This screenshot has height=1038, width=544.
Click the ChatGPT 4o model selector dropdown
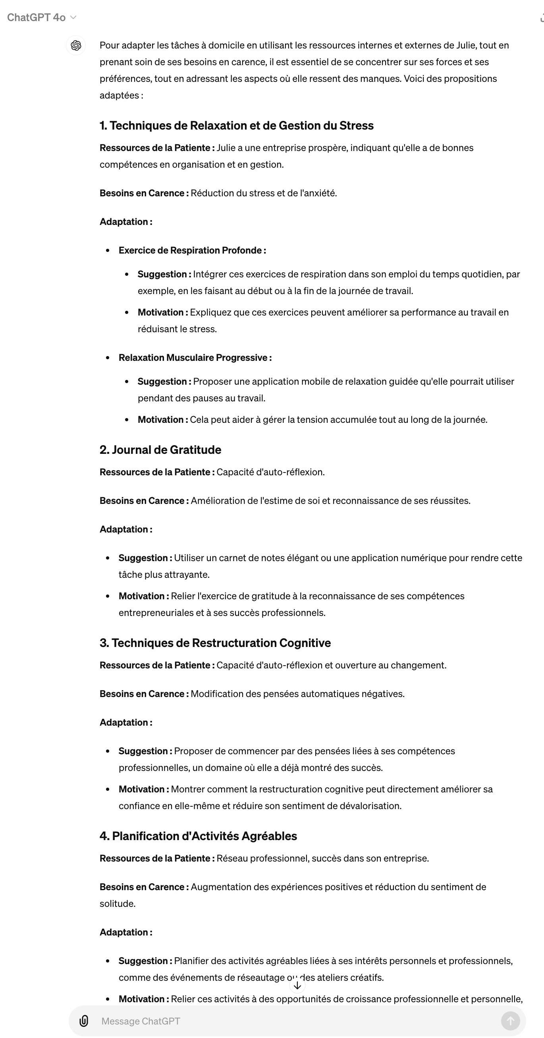(x=41, y=17)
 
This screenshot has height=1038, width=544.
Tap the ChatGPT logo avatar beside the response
(x=76, y=45)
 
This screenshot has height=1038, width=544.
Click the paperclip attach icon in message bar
(x=84, y=1021)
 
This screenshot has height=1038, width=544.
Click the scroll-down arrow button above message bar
(x=297, y=985)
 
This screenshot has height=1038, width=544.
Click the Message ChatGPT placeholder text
(x=141, y=1021)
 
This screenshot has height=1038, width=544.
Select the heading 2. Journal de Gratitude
(x=160, y=450)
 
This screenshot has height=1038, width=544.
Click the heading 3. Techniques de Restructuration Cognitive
(x=215, y=643)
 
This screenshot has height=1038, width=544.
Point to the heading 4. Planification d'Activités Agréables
(x=198, y=836)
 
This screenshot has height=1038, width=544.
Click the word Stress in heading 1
(x=356, y=126)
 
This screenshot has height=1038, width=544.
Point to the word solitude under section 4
(x=118, y=903)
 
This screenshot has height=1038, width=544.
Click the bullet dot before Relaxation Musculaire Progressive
(x=108, y=358)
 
